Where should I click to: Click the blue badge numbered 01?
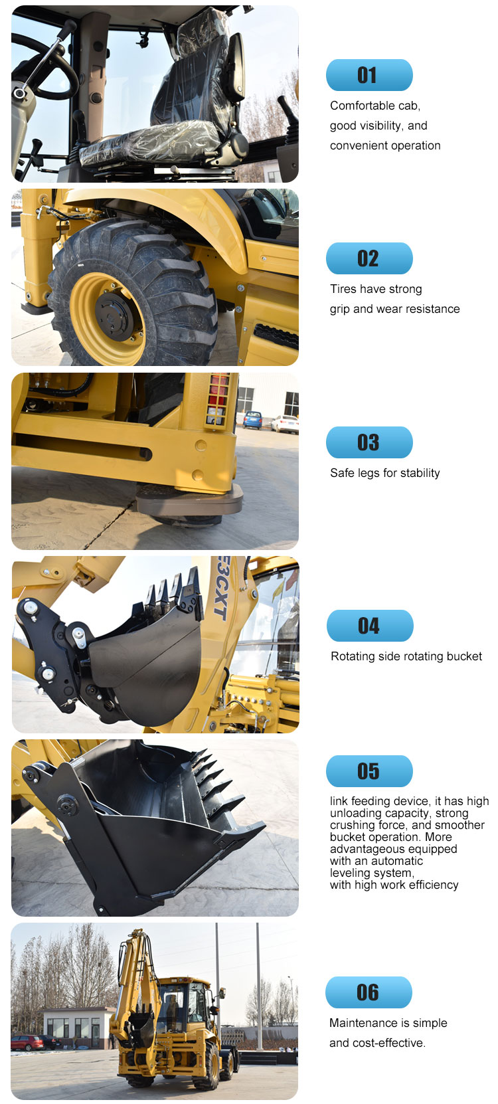click(x=369, y=75)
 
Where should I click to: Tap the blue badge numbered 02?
click(x=369, y=258)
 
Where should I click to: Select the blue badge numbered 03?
click(x=369, y=442)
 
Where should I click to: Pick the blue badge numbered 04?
click(x=370, y=626)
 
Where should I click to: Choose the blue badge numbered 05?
click(x=369, y=771)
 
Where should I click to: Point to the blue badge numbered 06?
click(x=369, y=992)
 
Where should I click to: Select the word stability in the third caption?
click(x=420, y=473)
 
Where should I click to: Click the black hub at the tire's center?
click(x=114, y=316)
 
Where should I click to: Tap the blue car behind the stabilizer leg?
click(x=253, y=419)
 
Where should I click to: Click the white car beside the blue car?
click(x=285, y=424)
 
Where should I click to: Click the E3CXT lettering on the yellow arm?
click(x=221, y=587)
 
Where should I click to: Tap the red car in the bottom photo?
click(x=27, y=1042)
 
